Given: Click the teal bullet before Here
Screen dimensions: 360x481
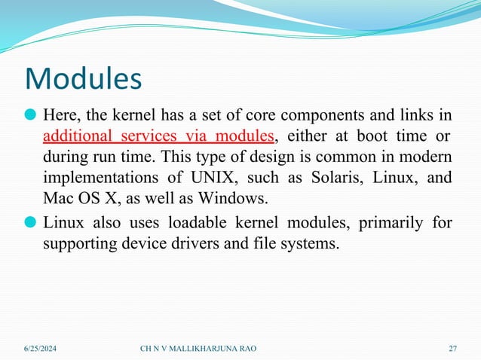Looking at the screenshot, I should point(31,115).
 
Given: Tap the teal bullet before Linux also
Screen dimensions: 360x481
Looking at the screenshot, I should point(31,223).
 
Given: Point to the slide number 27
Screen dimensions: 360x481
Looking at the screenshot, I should point(452,348).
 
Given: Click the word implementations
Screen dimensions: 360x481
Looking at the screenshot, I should point(94,178).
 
